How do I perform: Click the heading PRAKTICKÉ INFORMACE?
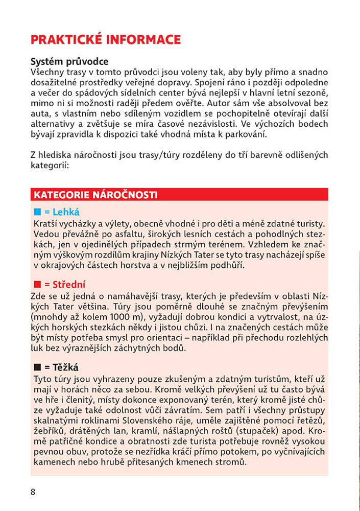coord(106,40)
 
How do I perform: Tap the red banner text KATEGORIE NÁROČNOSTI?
coord(95,195)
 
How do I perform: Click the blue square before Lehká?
coord(37,212)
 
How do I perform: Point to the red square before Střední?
coord(37,285)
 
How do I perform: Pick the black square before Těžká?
coord(37,367)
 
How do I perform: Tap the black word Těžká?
coord(65,367)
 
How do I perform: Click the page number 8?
coord(33,492)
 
